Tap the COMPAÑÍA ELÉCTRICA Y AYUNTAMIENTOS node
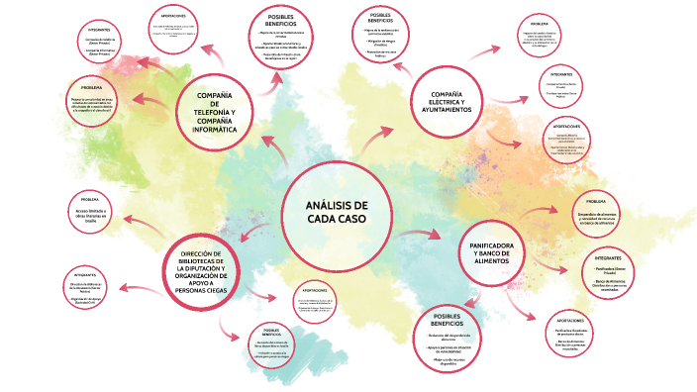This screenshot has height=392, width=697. click(448, 99)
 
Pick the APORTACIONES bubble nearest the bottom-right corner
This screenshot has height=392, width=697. click(575, 333)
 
